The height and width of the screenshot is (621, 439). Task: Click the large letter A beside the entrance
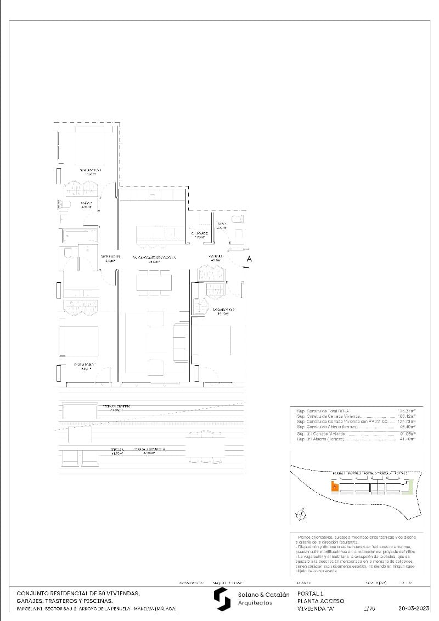tap(249, 259)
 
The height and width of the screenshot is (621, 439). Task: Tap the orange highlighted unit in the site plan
tap(334, 486)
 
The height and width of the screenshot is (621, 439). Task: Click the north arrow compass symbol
tap(300, 514)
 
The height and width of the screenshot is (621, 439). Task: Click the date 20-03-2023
tap(414, 608)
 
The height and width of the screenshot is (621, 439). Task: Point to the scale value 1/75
tap(369, 608)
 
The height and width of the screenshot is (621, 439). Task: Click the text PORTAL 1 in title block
tap(310, 594)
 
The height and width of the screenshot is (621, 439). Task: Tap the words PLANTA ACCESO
tap(320, 601)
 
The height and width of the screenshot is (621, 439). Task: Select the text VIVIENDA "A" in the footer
tap(315, 608)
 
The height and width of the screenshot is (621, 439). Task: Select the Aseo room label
tap(221, 225)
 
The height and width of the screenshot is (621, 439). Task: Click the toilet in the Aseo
tap(238, 220)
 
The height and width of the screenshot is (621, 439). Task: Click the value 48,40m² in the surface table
tap(407, 427)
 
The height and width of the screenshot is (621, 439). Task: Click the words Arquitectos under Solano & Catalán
tap(255, 603)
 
